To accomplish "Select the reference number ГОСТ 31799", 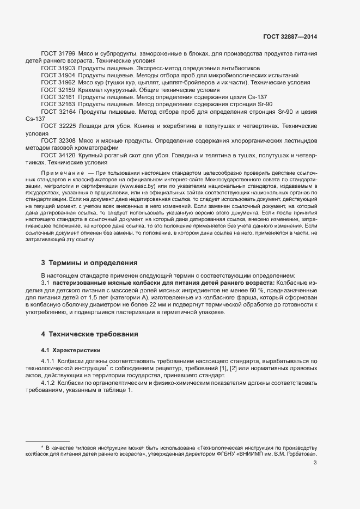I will click(58, 55).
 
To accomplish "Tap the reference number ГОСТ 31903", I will click(58, 69).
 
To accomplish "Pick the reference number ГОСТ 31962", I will click(58, 82).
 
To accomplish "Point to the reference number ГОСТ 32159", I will click(58, 89).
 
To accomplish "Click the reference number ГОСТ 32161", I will click(58, 96).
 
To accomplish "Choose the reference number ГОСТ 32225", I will click(58, 126).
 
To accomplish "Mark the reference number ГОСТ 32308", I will click(58, 140).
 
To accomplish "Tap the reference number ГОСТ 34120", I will click(58, 155).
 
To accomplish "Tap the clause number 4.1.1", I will click(49, 361).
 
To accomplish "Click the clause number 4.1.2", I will click(49, 383).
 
